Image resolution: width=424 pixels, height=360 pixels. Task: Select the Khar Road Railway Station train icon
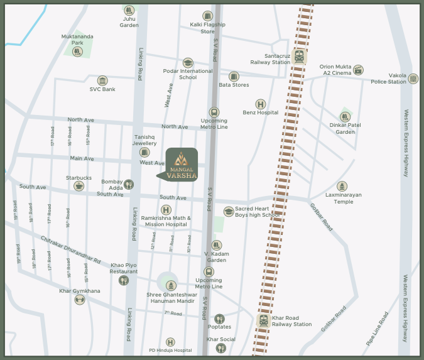click(x=264, y=321)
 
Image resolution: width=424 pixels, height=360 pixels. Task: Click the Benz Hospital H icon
click(x=260, y=104)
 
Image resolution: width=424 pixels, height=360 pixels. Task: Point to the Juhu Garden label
click(x=129, y=22)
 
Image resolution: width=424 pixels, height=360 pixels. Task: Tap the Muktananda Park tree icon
click(x=77, y=52)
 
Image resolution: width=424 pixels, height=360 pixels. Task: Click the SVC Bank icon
click(x=102, y=80)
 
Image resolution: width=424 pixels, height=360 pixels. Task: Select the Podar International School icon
click(x=187, y=63)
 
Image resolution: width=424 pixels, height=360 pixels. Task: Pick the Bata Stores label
click(x=234, y=85)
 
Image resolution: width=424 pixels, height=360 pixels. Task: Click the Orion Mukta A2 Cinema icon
click(x=358, y=70)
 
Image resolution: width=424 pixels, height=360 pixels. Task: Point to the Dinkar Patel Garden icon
click(x=345, y=116)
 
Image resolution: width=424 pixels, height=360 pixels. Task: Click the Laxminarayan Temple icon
click(x=342, y=187)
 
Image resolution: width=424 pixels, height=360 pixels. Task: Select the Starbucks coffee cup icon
click(x=79, y=185)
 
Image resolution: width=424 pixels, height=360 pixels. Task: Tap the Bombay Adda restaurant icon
click(x=129, y=184)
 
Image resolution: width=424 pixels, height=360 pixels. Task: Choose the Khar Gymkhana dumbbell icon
click(x=80, y=299)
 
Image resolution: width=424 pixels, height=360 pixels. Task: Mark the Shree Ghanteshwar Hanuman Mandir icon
click(x=168, y=286)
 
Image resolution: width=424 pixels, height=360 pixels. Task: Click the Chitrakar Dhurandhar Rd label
click(x=71, y=249)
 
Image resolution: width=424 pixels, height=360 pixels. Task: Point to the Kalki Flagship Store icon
click(x=207, y=16)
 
